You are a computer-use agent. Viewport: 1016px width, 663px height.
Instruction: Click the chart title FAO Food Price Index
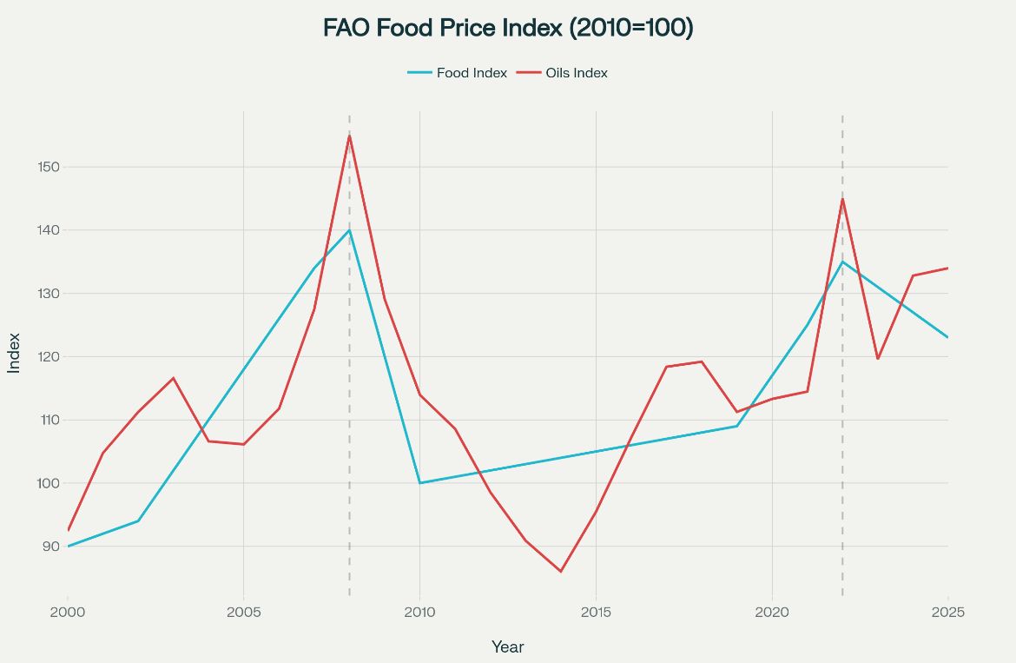point(508,28)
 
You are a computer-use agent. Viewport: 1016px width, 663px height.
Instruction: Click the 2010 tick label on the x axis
point(419,612)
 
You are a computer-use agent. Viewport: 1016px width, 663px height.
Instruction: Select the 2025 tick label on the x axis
point(947,612)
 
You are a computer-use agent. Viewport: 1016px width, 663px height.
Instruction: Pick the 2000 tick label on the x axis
point(68,612)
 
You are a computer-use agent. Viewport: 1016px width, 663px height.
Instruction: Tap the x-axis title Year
point(507,646)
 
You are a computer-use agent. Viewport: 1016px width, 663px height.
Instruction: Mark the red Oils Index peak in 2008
point(349,136)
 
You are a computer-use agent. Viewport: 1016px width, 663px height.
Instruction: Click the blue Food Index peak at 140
point(349,230)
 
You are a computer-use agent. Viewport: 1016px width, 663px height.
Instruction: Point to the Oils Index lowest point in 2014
point(561,572)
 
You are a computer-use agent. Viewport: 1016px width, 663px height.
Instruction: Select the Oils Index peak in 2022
point(842,199)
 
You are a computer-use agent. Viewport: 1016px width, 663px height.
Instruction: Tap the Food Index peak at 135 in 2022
point(842,262)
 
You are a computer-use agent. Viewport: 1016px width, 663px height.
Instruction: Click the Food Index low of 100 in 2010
point(419,483)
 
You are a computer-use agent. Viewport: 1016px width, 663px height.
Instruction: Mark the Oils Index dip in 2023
point(878,359)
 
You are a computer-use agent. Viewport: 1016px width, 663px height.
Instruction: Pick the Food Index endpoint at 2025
point(947,337)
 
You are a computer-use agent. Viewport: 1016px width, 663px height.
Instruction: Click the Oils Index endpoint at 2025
point(947,269)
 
